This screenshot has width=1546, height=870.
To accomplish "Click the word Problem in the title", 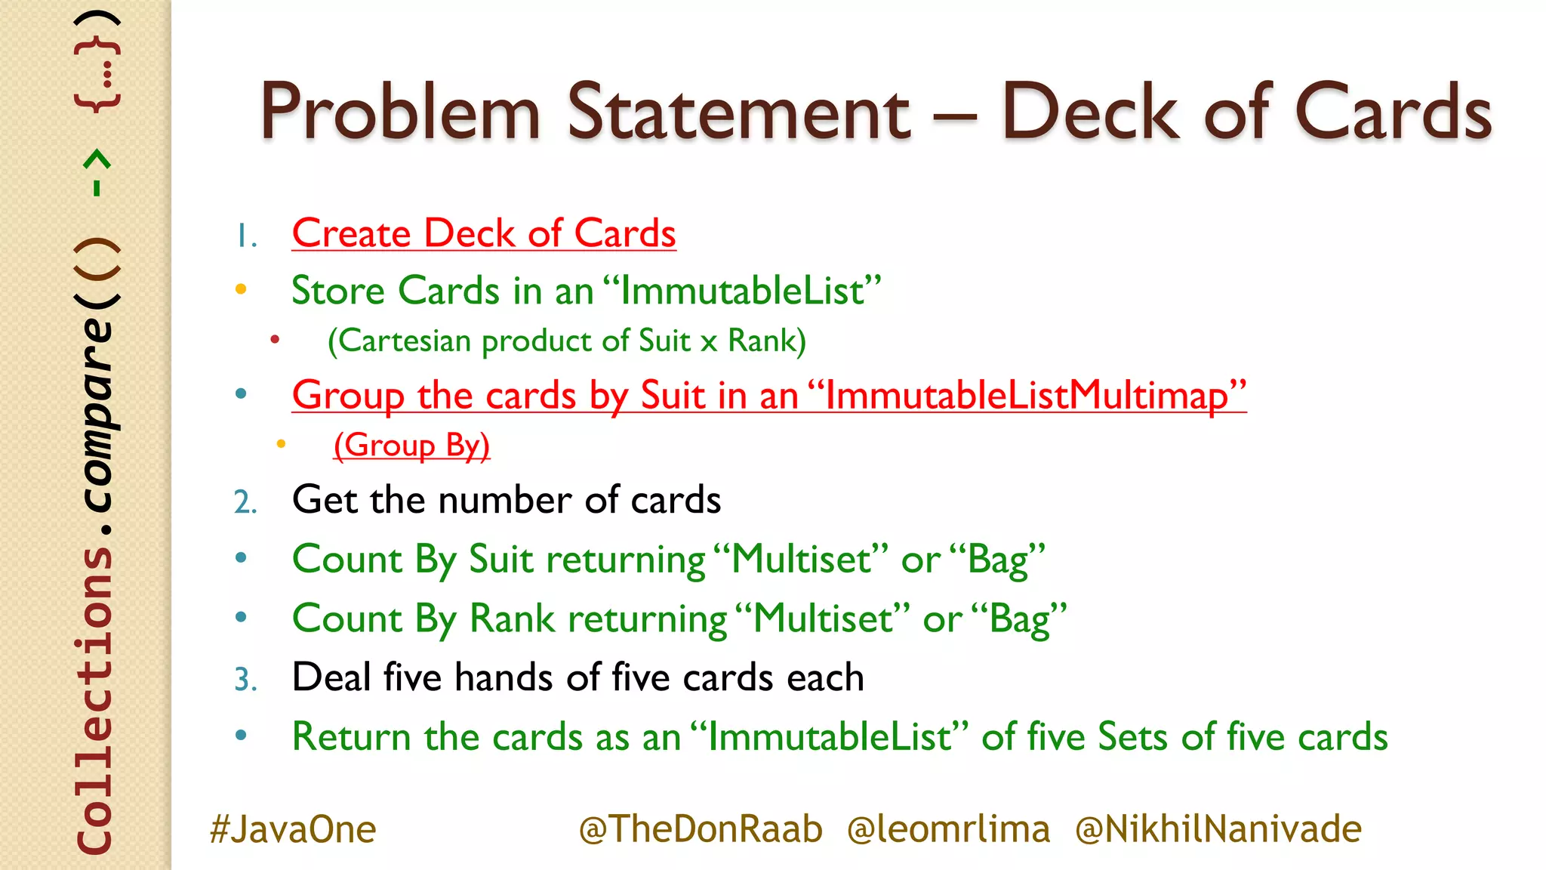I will coord(400,113).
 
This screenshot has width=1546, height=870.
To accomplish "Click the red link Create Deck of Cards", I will coord(484,233).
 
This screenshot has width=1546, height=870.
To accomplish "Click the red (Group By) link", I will coord(411,445).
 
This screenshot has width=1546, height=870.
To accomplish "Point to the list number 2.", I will coord(245,502).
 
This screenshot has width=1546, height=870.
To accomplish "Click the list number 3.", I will coord(245,679).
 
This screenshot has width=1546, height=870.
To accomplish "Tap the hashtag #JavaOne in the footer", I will coord(293,829).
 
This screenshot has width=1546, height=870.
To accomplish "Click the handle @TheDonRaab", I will coord(701,829).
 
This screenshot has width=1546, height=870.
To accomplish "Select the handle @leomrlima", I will coord(948,829).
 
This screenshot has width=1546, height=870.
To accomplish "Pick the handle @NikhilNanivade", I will coord(1218,829).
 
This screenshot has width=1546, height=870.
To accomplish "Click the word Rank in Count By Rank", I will coord(513,619).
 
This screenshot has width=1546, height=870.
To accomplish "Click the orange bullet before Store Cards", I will coord(241,289).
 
